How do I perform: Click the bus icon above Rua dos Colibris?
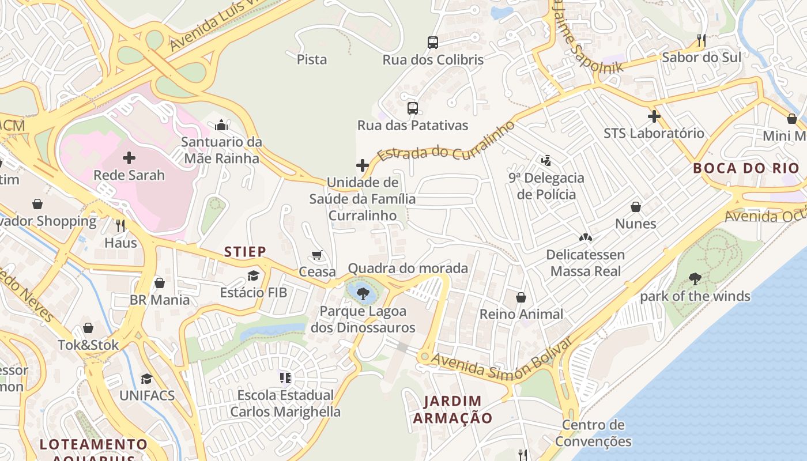coord(433,43)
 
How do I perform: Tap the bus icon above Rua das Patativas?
coord(412,108)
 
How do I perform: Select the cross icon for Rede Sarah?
coord(129,158)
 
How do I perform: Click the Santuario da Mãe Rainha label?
coord(221,150)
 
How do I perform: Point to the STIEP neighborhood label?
coord(245,252)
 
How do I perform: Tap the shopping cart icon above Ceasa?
coord(316,255)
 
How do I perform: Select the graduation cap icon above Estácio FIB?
coord(253,275)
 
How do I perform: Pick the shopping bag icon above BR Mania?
coord(160,283)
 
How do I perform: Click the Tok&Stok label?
coord(88,345)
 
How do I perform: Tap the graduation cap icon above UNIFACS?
coord(147,379)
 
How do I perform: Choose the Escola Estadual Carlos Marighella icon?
coord(285,378)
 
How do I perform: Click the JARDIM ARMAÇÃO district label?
coord(452,410)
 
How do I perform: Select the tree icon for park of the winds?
coord(695,279)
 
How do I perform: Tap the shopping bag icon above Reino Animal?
coord(521,297)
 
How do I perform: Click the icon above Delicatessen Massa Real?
coord(586,237)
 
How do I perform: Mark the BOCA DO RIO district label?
coord(746,168)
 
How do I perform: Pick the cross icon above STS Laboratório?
coord(654,116)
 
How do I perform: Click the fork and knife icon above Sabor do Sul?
coord(702,40)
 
